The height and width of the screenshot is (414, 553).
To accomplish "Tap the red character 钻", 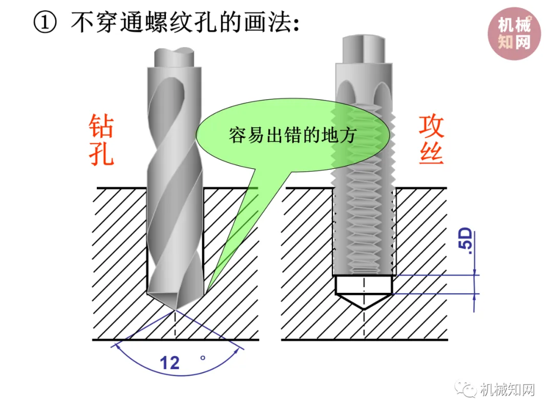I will pyautogui.click(x=101, y=126).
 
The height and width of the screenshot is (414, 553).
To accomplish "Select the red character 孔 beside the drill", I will pyautogui.click(x=101, y=154).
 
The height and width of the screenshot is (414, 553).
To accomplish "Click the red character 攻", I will pyautogui.click(x=431, y=126).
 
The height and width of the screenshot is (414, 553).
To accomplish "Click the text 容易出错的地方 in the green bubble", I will pyautogui.click(x=292, y=135).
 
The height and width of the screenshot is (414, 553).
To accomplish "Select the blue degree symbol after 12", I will pyautogui.click(x=203, y=358).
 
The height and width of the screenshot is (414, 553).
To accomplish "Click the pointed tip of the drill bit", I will pyautogui.click(x=175, y=309).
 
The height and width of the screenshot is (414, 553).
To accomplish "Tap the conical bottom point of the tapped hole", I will pyautogui.click(x=364, y=309).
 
